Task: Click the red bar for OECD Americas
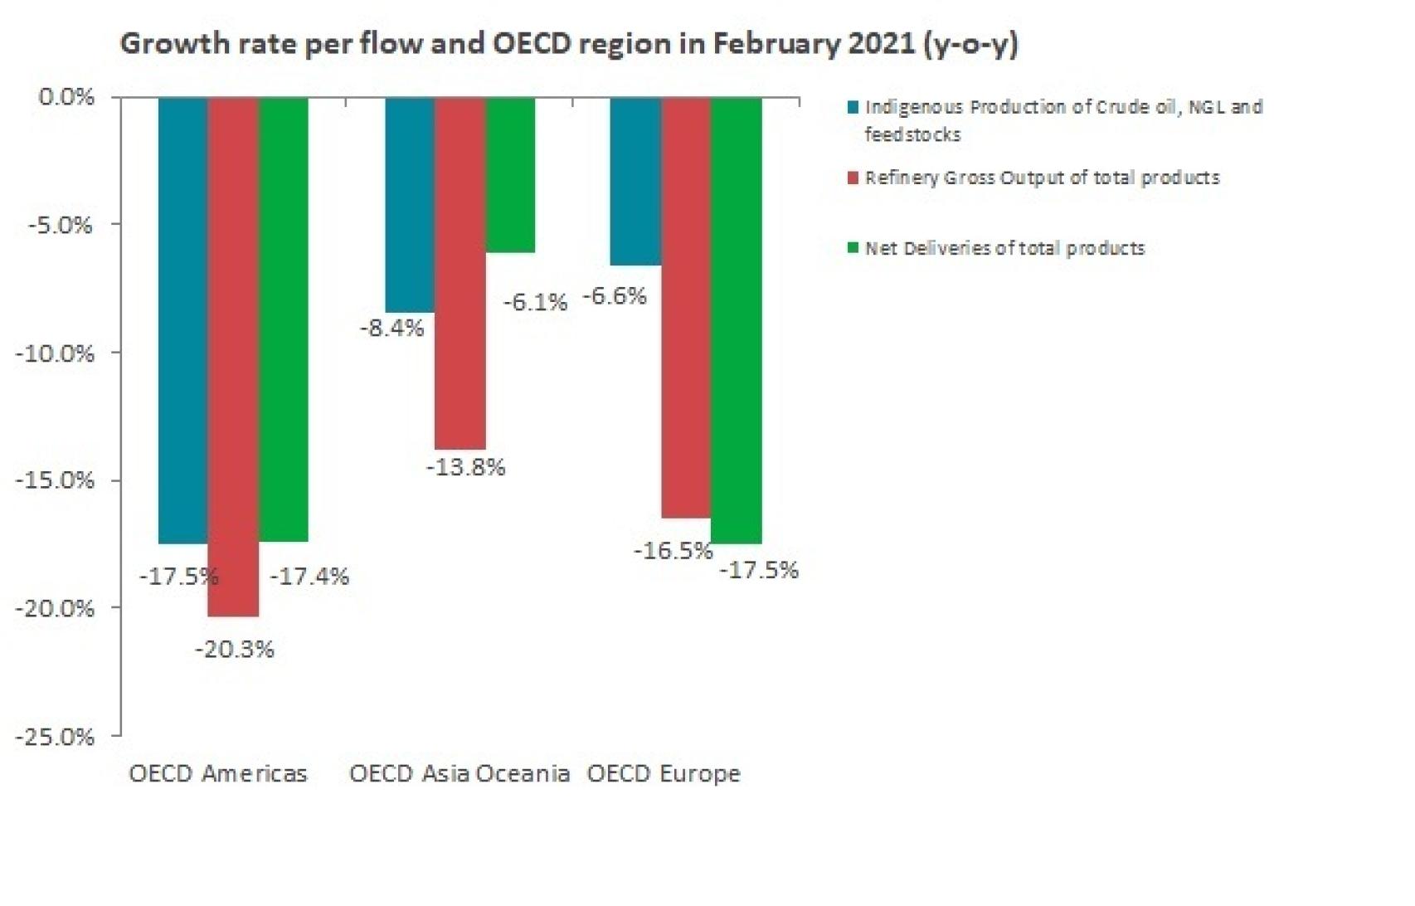233,357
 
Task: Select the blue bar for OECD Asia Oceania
410,205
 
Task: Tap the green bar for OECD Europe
737,320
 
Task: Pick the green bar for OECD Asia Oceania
510,175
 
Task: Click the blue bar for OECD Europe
635,182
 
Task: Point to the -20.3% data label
234,650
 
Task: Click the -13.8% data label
465,467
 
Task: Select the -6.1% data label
535,302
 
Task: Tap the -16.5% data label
673,551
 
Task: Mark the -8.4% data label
391,329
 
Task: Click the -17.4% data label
309,577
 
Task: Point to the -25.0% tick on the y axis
55,737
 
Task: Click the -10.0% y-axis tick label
55,353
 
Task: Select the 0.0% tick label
66,97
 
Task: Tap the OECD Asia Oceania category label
459,774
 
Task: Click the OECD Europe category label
664,774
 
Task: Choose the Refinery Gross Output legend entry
1041,178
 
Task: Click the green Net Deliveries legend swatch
853,248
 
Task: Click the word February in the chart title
776,44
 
